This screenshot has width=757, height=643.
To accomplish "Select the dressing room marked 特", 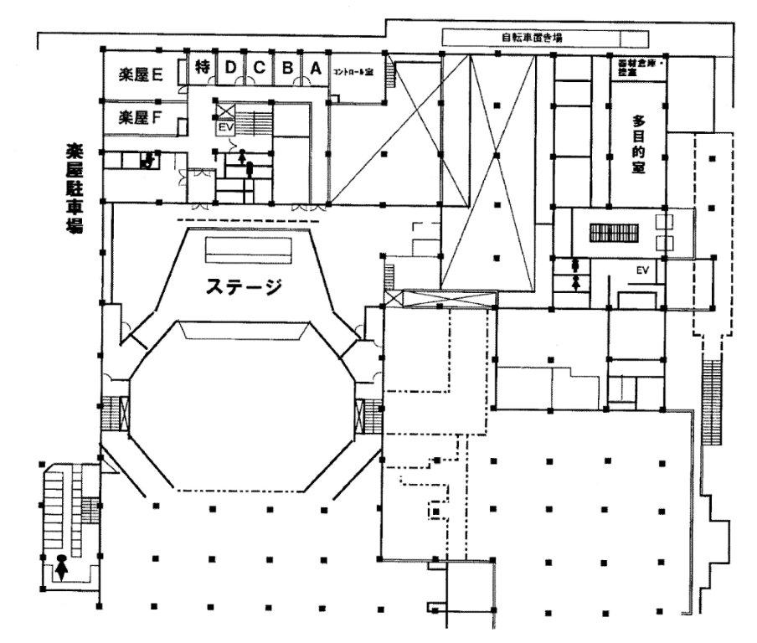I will pos(202,68).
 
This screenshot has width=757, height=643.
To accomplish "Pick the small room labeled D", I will pos(230,69).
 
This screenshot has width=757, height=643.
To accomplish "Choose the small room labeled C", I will pos(259,69).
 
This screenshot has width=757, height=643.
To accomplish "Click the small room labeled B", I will pos(286,69).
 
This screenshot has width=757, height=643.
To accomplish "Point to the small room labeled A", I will pos(316,69).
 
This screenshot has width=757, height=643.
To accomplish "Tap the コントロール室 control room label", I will pos(353,72).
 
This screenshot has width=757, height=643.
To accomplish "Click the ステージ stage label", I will pos(245,286).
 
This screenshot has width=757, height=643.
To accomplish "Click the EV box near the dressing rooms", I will pos(224,128).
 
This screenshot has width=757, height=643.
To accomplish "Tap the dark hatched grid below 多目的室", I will pos(615,232).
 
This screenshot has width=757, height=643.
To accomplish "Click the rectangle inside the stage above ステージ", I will pos(249,249).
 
